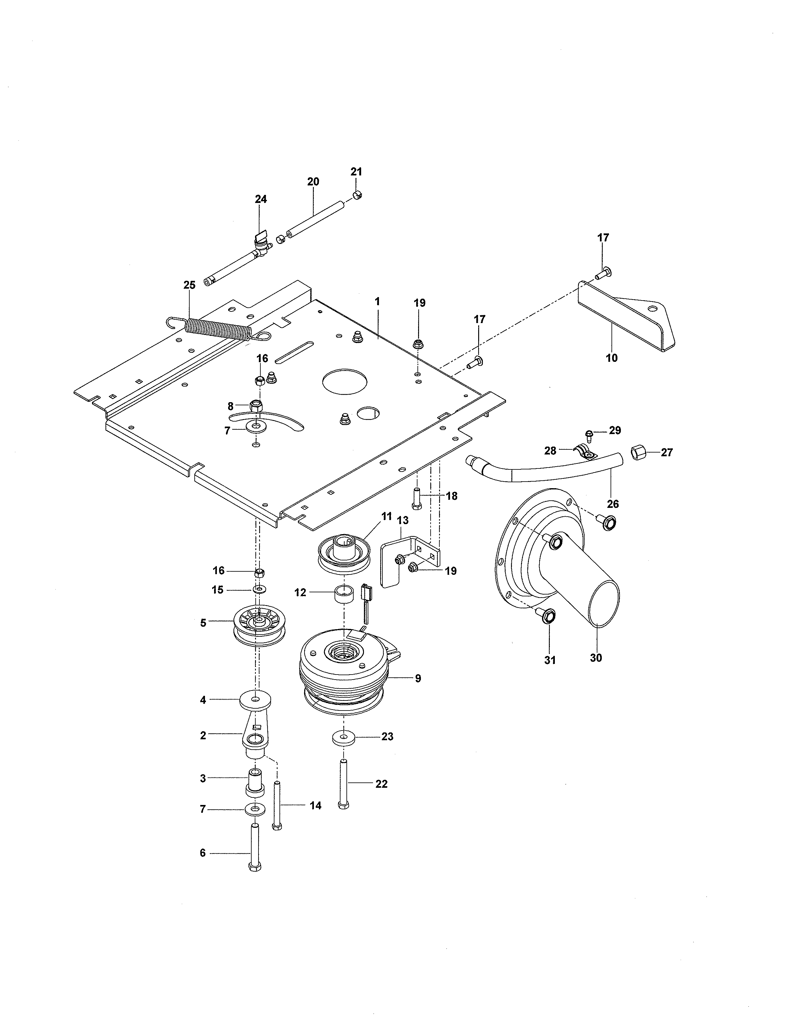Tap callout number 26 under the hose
(x=613, y=504)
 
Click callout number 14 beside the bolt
(x=315, y=806)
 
